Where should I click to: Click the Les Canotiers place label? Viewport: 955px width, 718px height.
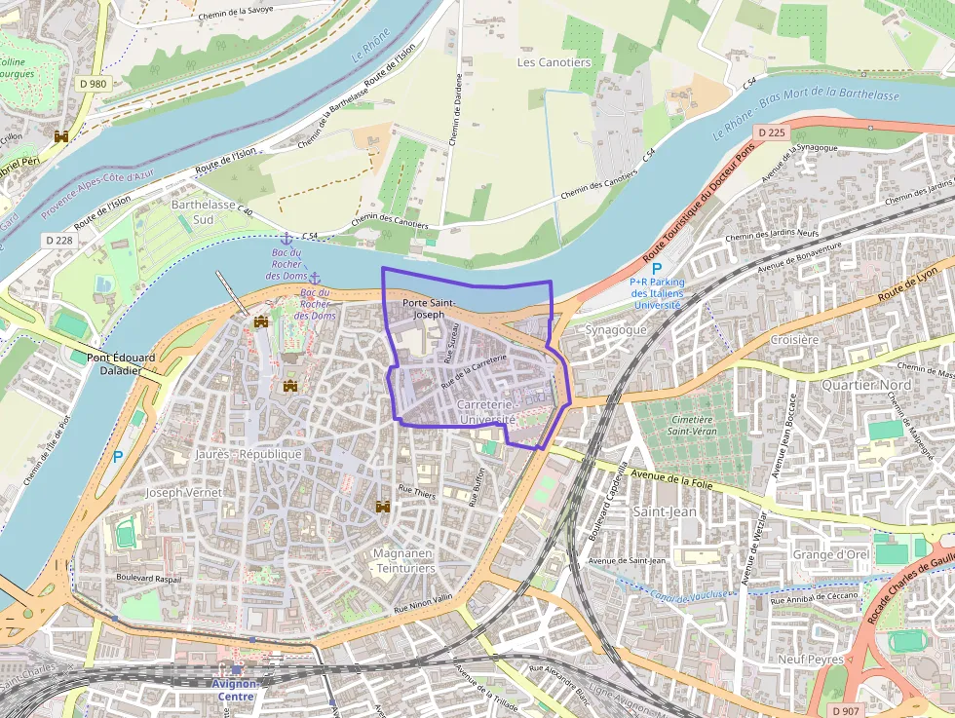tap(554, 62)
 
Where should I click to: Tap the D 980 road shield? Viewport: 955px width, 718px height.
tap(94, 84)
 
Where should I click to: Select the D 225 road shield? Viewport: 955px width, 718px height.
tap(771, 132)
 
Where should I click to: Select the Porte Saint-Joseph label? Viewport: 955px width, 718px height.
tap(429, 309)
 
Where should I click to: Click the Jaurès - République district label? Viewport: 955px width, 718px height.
tap(248, 454)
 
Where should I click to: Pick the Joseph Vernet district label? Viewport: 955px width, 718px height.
tap(184, 493)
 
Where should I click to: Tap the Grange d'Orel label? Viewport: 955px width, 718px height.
tap(830, 555)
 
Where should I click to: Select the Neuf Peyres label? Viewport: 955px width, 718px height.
tap(810, 659)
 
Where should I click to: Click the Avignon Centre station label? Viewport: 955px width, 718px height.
tap(234, 690)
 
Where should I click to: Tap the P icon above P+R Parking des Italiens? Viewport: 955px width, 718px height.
tap(657, 268)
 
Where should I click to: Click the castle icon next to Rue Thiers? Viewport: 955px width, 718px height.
tap(383, 507)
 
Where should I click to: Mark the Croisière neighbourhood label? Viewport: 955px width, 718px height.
tap(794, 340)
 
